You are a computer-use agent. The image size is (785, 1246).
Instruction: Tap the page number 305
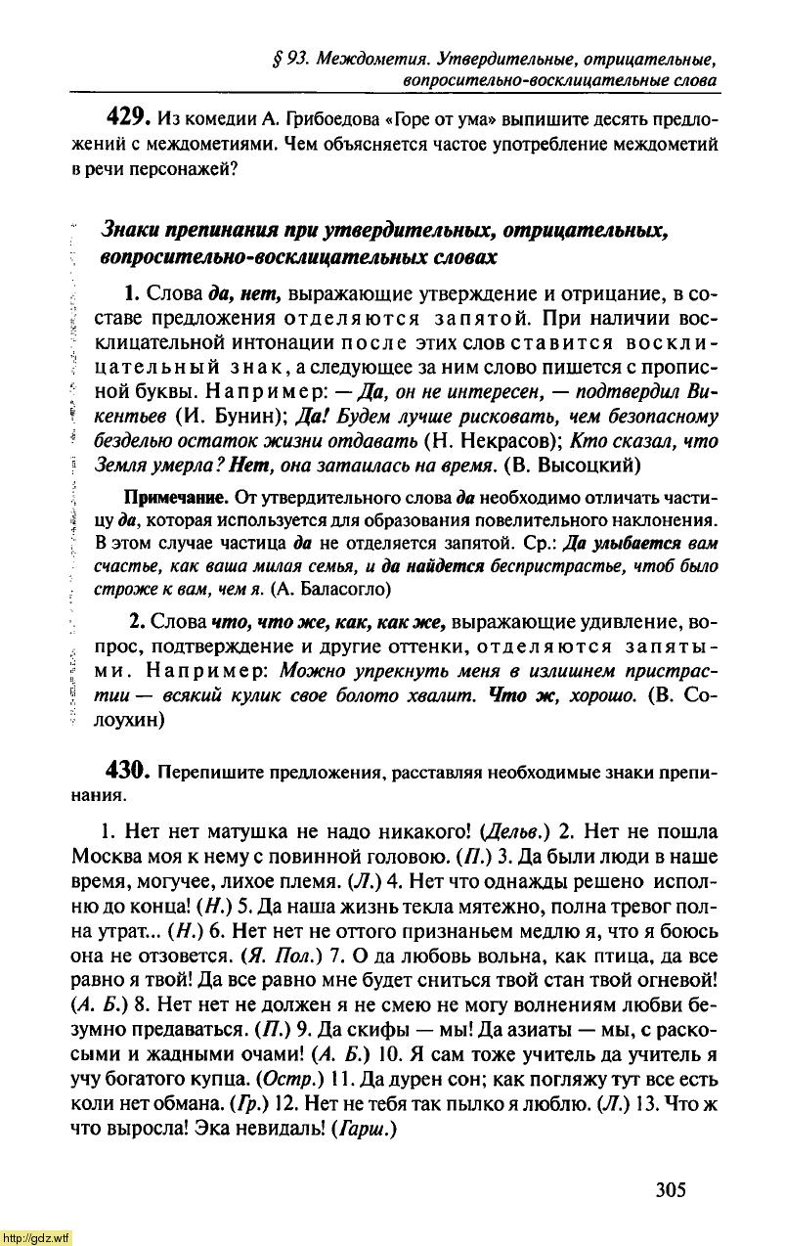point(671,1189)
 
